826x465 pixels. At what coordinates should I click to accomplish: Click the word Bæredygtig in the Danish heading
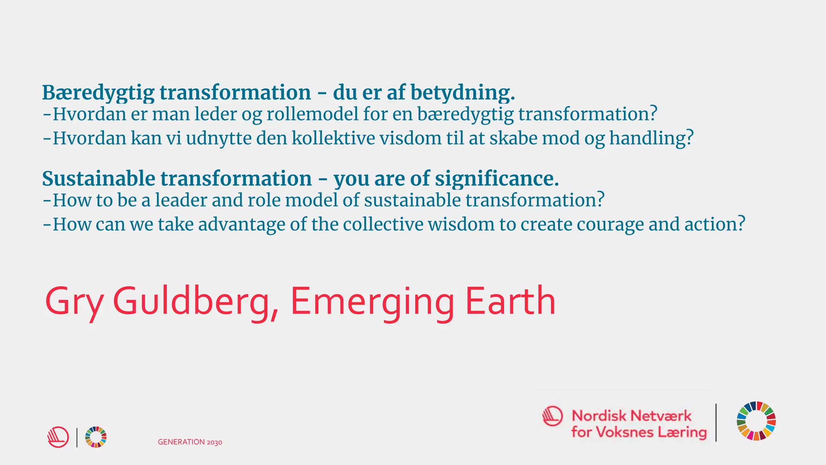pos(98,93)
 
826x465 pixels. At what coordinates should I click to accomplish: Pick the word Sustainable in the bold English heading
pos(98,179)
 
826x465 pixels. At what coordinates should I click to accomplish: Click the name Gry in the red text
pos(74,302)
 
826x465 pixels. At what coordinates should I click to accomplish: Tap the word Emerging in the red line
pos(372,302)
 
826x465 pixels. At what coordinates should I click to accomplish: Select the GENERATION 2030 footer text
pos(190,442)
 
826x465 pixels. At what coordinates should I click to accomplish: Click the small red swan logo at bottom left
pos(58,437)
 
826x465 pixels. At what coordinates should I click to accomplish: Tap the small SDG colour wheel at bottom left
pos(96,437)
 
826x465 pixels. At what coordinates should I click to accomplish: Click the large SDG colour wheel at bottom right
pos(756,421)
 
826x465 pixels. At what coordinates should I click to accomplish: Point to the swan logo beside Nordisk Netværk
pos(553,416)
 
